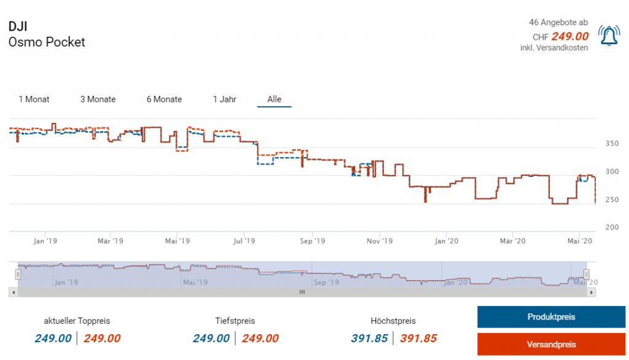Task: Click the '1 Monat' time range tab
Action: coord(34,99)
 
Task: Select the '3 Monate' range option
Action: coord(98,99)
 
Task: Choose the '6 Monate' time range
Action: coord(164,99)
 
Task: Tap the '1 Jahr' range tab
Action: coord(224,99)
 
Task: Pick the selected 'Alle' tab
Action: coord(274,99)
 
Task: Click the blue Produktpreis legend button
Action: coord(551,317)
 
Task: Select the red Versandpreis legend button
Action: coord(551,345)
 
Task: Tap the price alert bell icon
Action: coord(609,36)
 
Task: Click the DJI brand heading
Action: coord(18,26)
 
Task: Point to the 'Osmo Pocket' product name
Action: coord(47,42)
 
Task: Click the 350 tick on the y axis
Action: coord(612,144)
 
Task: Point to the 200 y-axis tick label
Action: coord(612,227)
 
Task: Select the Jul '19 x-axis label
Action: coord(244,241)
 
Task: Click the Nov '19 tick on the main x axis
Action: coord(380,241)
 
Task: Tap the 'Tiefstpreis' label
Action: coord(235,321)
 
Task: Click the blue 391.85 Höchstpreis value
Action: coord(369,338)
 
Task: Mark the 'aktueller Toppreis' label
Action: coord(77,321)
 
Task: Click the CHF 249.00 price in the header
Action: coord(569,36)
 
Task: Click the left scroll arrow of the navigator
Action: coord(13,292)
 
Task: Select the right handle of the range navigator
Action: coord(586,274)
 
